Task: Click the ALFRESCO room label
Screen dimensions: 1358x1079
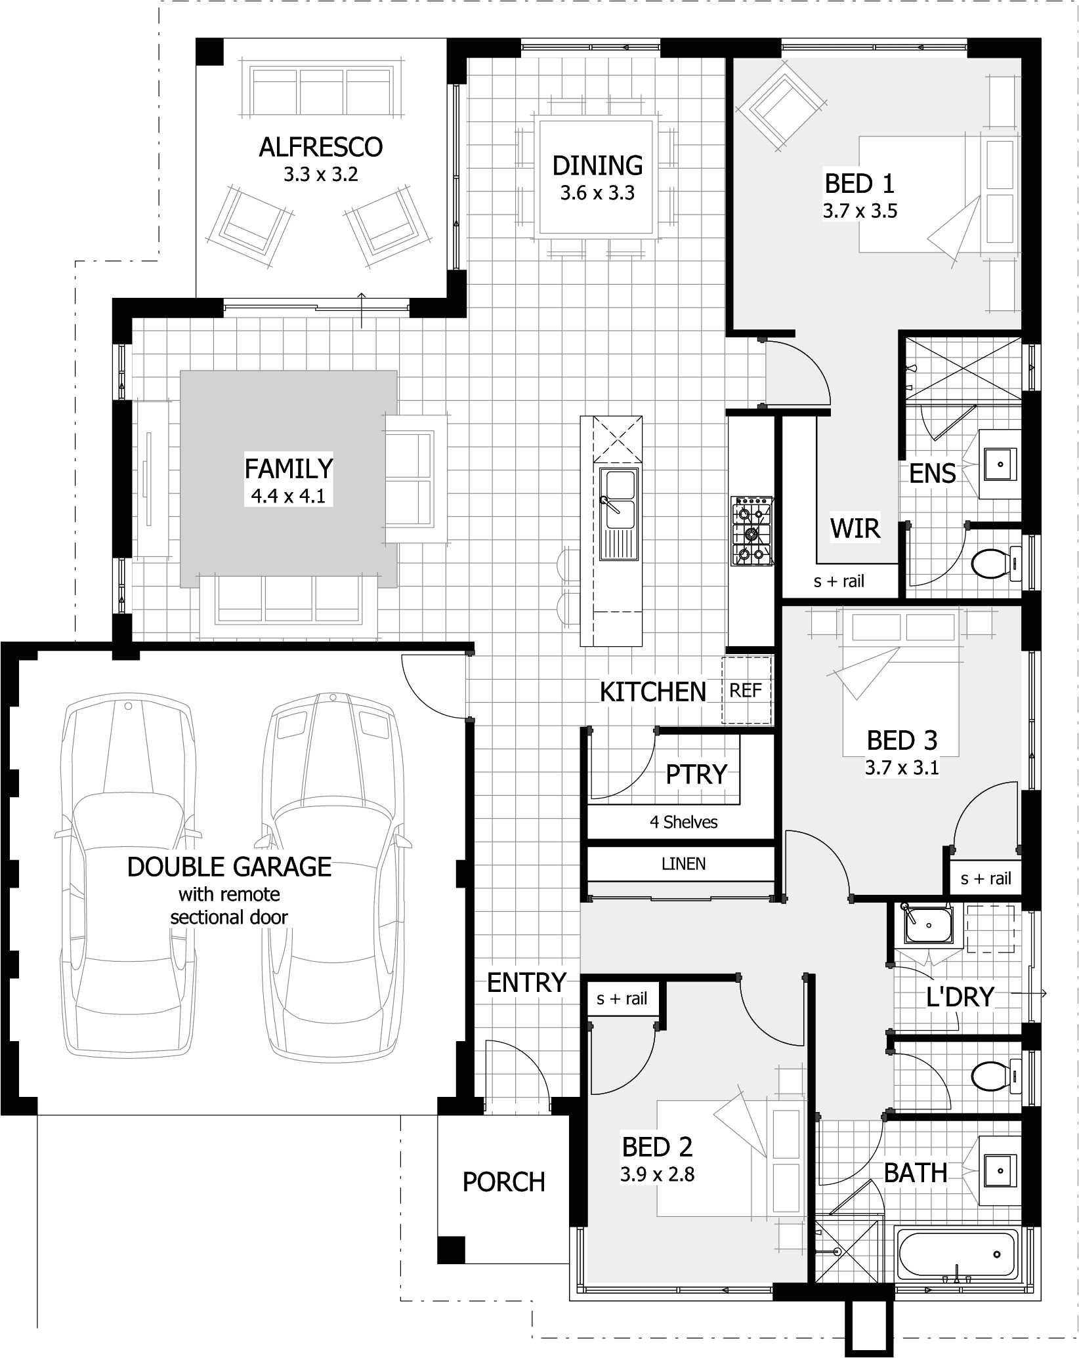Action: pos(320,147)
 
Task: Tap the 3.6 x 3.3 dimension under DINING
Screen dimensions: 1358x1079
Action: pos(597,194)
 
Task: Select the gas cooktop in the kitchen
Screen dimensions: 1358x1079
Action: pos(751,531)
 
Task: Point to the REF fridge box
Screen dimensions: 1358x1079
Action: pos(746,690)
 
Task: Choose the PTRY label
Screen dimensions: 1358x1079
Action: pos(696,774)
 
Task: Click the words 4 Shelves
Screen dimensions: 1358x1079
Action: pos(683,822)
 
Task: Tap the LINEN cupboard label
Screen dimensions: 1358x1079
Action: pos(683,864)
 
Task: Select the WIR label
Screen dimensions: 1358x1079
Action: pos(855,528)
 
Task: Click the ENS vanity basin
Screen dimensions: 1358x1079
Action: pos(1000,464)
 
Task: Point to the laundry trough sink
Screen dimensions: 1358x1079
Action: pos(928,924)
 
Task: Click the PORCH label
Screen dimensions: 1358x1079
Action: pos(503,1182)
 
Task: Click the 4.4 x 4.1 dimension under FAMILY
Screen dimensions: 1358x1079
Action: pos(288,496)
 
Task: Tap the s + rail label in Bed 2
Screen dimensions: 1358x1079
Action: pos(622,999)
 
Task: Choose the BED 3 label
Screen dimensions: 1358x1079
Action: pos(902,740)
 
